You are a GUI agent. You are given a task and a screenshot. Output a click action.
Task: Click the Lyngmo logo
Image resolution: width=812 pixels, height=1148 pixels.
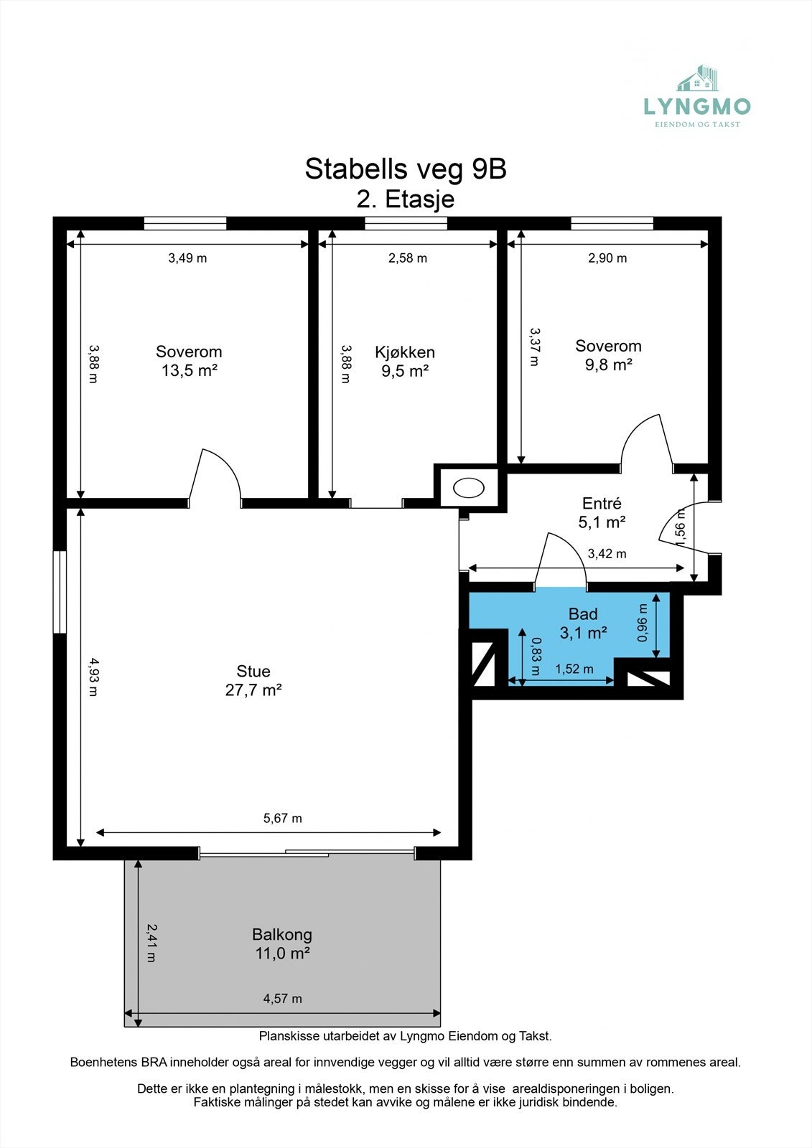[x=696, y=98]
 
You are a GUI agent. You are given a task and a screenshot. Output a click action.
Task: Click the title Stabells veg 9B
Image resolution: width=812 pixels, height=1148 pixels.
[x=406, y=169]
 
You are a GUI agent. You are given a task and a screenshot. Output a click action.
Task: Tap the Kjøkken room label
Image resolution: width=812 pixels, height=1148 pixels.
[x=405, y=361]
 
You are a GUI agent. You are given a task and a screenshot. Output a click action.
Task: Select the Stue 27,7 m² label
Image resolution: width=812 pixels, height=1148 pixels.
[x=253, y=680]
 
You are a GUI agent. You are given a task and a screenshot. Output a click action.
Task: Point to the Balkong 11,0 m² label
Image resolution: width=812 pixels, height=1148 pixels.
[x=282, y=944]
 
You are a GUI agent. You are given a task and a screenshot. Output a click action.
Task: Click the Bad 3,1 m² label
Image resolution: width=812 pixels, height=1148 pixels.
[x=583, y=623]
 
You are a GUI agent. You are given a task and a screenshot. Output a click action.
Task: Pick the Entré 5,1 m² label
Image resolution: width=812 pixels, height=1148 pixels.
[x=602, y=512]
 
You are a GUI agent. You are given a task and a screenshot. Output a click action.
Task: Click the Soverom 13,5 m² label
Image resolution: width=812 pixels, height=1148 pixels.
[x=189, y=360]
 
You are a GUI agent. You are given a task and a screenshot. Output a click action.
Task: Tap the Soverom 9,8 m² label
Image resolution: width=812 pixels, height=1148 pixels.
[x=608, y=354]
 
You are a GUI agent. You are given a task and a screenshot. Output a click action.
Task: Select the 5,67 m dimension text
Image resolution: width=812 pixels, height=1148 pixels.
[x=282, y=818]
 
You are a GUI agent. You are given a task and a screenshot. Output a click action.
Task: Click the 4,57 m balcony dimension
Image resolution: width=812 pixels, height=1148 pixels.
[x=282, y=998]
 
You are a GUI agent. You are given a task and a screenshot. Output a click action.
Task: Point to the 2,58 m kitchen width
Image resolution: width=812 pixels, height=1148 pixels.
[x=407, y=258]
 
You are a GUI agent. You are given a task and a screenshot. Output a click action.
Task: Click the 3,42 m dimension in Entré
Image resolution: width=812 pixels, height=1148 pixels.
[x=607, y=553]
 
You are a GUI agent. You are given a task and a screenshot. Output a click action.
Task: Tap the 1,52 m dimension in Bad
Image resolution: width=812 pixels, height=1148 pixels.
[x=574, y=669]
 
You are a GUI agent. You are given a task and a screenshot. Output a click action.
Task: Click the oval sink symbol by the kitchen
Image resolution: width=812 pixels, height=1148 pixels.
[x=469, y=488]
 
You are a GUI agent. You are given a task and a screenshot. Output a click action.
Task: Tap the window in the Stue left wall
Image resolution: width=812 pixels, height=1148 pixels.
[x=60, y=592]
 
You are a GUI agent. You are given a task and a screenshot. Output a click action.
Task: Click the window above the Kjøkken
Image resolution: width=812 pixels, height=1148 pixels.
[x=406, y=223]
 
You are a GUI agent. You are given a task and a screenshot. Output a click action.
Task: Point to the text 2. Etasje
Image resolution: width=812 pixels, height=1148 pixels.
[x=406, y=199]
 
